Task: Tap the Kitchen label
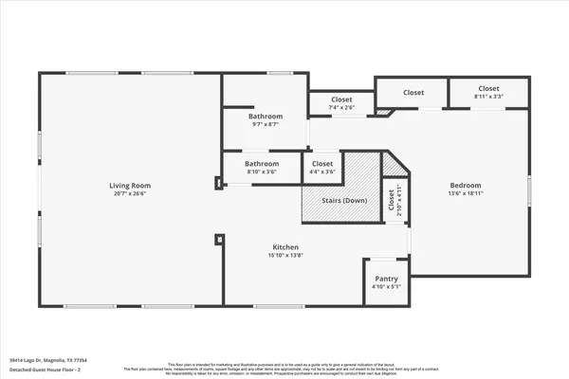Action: [286, 246]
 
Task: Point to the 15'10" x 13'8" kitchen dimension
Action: [286, 256]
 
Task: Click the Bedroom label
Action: [466, 186]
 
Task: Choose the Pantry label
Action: [386, 279]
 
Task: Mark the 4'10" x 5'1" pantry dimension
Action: [386, 287]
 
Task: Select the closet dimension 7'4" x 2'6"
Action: [341, 108]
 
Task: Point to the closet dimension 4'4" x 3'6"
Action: [323, 171]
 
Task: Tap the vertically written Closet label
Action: [391, 199]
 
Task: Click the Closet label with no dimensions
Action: [413, 93]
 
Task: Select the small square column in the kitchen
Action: [219, 241]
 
